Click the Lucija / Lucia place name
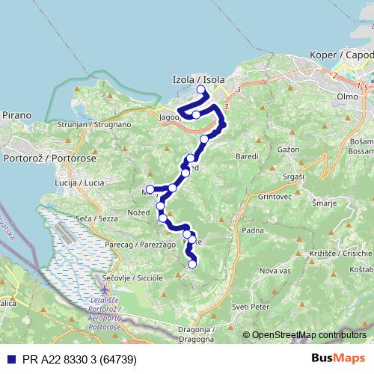tap(80, 183)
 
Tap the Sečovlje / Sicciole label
tap(134, 278)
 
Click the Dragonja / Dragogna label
tap(196, 334)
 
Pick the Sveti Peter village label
tap(250, 307)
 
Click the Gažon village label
tap(288, 150)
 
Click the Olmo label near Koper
tap(347, 97)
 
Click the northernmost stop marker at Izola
tap(200, 91)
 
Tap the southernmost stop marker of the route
tap(192, 263)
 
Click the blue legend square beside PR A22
tap(10, 359)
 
